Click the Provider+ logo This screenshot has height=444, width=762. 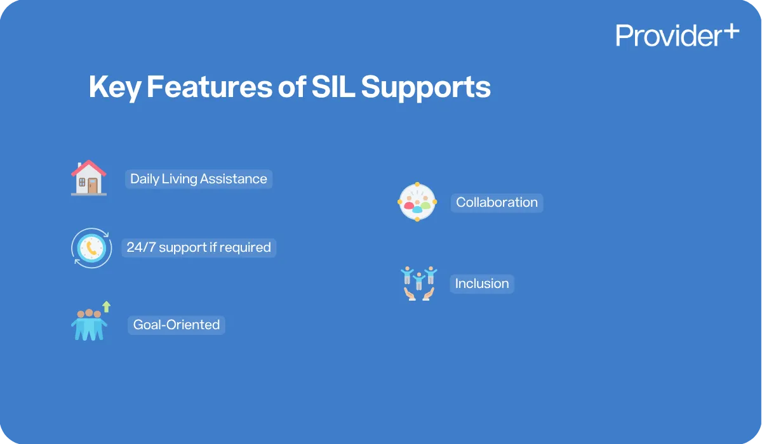click(x=677, y=35)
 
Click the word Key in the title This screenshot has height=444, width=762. click(x=114, y=88)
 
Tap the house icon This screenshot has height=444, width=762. click(x=89, y=178)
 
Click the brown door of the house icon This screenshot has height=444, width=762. click(x=93, y=185)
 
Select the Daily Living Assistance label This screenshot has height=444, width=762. click(x=199, y=179)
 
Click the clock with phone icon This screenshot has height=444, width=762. click(x=91, y=248)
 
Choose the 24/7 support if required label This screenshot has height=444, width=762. click(x=199, y=247)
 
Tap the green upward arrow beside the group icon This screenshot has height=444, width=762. click(x=106, y=307)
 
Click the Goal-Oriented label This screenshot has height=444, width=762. click(x=177, y=325)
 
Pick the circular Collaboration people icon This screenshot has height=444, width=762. click(x=417, y=202)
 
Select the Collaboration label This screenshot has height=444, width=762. click(x=497, y=202)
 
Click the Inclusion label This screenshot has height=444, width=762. click(x=482, y=284)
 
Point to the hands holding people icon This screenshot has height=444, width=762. click(x=418, y=284)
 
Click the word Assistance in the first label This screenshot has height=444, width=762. click(x=233, y=179)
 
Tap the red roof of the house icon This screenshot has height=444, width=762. click(x=89, y=167)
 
